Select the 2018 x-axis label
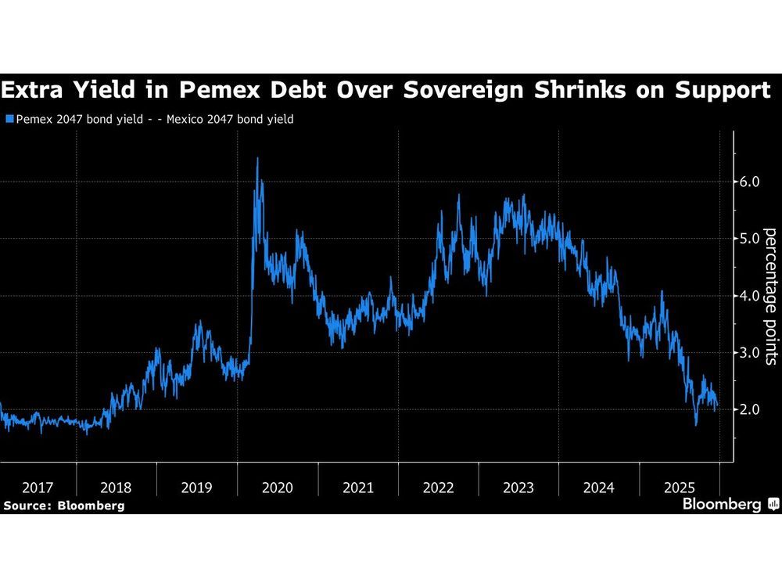(x=117, y=488)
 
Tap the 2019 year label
(x=197, y=488)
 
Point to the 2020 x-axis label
(x=278, y=488)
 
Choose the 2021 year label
(x=358, y=488)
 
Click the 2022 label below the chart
(x=439, y=488)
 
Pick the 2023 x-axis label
(x=519, y=488)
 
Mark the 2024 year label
(x=599, y=488)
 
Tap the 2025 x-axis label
(x=680, y=488)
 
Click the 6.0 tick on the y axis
(x=750, y=182)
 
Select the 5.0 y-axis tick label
(x=750, y=239)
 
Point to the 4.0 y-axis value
(x=750, y=296)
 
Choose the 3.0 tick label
(x=750, y=353)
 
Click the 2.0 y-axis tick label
(x=750, y=409)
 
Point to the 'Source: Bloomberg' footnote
(x=63, y=506)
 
